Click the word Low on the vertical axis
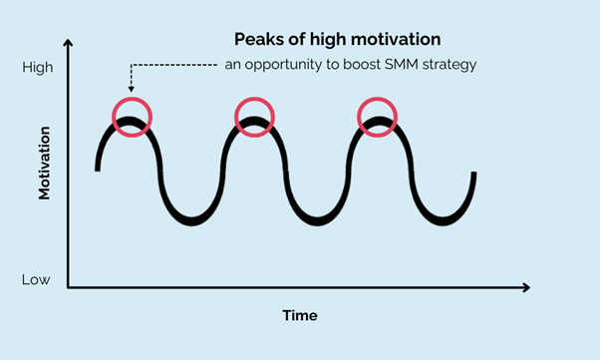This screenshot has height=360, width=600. click(36, 279)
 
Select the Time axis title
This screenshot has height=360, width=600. click(299, 315)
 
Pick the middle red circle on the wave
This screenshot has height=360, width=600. click(254, 117)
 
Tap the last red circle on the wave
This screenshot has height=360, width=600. click(379, 117)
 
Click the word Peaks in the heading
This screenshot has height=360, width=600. click(255, 40)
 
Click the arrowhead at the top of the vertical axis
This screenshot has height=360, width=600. click(68, 44)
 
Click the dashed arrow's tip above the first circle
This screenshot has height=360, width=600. click(131, 93)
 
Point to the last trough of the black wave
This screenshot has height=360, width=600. click(440, 217)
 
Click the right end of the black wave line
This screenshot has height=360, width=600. click(473, 175)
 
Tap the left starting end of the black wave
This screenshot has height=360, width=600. click(98, 169)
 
